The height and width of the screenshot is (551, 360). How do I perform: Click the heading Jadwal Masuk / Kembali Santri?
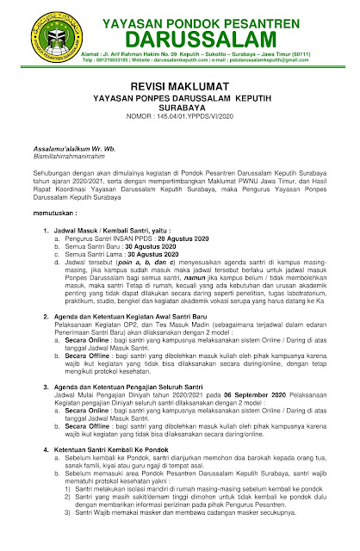[x=108, y=255]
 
